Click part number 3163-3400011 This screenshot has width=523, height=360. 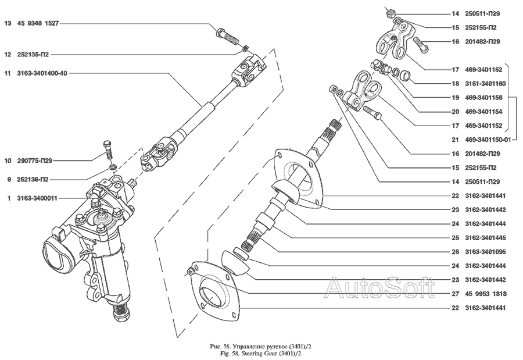click(37, 198)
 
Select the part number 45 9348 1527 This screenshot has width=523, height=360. click(38, 23)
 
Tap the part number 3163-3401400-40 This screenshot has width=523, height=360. click(42, 73)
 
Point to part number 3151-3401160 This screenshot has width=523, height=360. click(485, 84)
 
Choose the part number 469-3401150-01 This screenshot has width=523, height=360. click(488, 140)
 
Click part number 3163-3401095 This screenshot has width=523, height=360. click(485, 252)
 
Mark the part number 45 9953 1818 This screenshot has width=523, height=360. click(486, 294)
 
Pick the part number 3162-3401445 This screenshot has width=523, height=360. click(485, 238)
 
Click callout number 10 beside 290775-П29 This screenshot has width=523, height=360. click(8, 161)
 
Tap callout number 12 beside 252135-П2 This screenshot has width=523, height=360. click(8, 55)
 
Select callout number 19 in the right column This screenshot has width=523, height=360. click(456, 98)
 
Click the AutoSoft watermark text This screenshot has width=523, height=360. click(380, 287)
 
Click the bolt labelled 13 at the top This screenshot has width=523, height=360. click(227, 37)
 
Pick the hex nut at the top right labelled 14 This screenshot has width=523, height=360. click(391, 14)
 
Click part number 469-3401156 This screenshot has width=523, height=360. click(485, 98)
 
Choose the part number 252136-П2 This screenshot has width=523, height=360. click(33, 180)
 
